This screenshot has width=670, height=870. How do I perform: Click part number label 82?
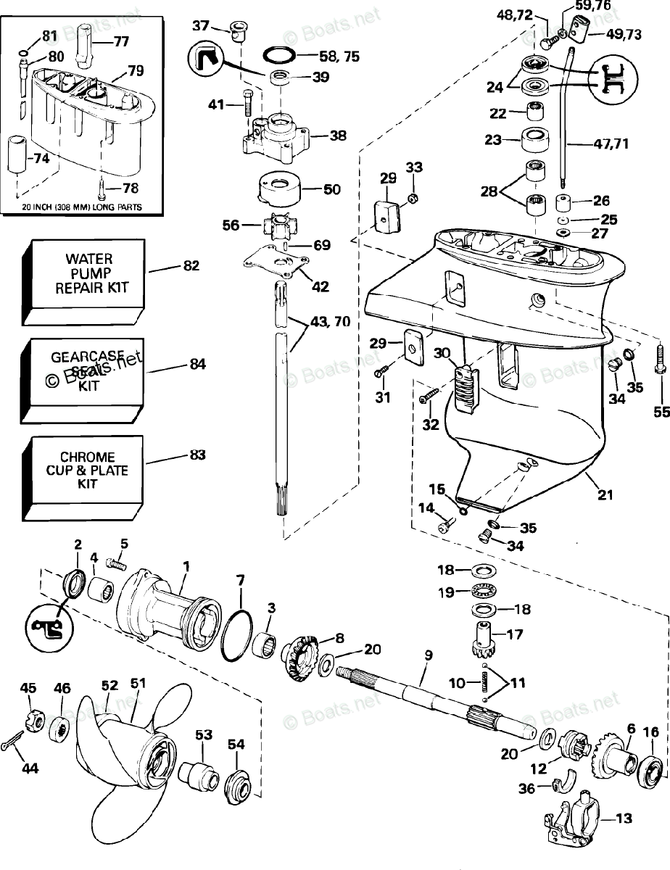tap(191, 266)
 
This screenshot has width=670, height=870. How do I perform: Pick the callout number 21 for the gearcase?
tap(605, 495)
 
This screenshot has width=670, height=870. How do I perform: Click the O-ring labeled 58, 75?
tap(278, 56)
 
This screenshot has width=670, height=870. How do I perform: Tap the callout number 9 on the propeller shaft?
tap(428, 655)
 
